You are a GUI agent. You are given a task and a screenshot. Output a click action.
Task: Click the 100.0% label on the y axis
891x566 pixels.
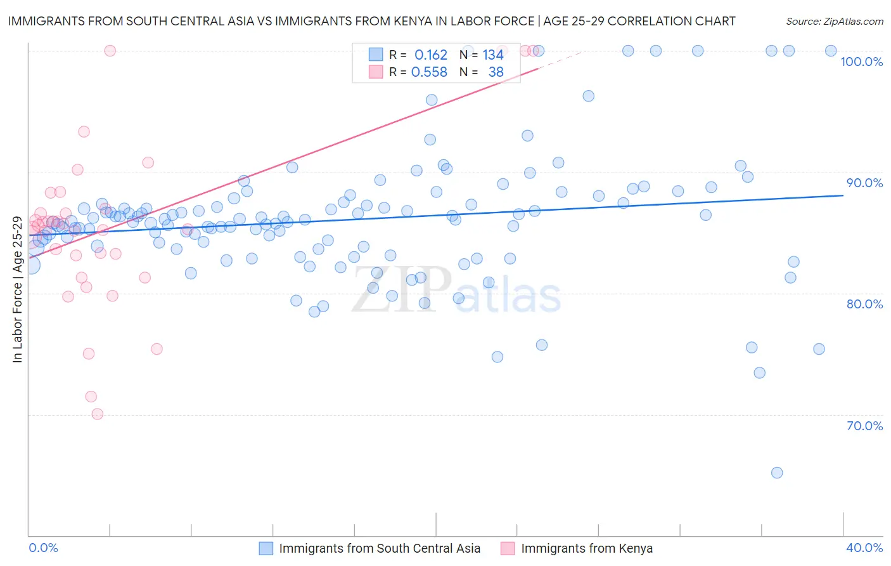pos(861,62)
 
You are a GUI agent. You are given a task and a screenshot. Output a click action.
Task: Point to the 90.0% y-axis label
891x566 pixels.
pos(864,183)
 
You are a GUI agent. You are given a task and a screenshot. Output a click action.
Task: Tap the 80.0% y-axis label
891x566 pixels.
pos(864,304)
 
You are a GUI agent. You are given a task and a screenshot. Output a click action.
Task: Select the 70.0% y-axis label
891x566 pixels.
pos(864,426)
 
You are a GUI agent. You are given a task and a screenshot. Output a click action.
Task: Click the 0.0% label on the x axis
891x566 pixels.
pos(43,548)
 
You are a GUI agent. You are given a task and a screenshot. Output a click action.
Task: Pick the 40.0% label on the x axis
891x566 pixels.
pos(864,548)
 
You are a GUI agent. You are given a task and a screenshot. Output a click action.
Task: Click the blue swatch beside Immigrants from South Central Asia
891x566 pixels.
pos(266,548)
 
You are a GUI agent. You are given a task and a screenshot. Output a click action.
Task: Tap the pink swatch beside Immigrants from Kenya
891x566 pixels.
pos(508,548)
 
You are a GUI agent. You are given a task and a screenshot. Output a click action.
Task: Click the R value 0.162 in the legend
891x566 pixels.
pos(431,55)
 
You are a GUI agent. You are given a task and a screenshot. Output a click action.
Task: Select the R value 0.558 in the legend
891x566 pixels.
pos(429,72)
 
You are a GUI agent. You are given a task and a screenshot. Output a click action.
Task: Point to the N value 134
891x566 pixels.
pos(493,55)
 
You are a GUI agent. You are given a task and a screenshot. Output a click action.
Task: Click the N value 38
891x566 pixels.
pos(496,72)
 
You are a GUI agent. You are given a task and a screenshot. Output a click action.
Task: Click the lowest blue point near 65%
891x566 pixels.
pos(777,473)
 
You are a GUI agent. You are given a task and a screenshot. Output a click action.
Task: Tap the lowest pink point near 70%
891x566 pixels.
pos(98,414)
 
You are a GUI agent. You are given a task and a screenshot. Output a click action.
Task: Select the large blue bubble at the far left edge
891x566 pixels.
pos(30,265)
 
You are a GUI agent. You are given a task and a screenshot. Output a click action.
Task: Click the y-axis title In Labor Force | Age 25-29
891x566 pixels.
pos(17,289)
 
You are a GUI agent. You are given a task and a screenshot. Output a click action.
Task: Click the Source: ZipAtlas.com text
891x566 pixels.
pos(834,22)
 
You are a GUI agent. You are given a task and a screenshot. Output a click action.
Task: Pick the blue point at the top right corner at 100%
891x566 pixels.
pos(831,51)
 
